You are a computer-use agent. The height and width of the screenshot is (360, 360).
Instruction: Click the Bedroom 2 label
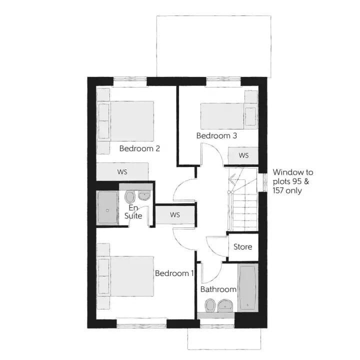click(x=139, y=148)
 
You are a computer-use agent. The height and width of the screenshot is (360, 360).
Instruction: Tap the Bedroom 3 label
click(x=216, y=135)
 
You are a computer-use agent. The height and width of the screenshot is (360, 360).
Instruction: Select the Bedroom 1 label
click(x=174, y=273)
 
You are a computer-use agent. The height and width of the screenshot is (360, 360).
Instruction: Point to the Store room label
click(x=242, y=247)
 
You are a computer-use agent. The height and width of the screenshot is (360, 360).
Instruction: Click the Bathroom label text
click(x=218, y=289)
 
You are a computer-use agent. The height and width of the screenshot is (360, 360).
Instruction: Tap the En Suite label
click(x=133, y=211)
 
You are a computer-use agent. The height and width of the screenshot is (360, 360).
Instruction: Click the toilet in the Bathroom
click(x=209, y=305)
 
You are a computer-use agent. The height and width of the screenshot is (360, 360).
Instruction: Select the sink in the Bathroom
click(x=225, y=305)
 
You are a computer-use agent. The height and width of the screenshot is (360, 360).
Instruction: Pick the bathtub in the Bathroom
click(x=247, y=287)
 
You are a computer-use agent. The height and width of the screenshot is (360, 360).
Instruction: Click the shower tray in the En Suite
click(x=107, y=207)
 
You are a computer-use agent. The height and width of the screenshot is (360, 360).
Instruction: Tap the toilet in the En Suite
click(x=129, y=197)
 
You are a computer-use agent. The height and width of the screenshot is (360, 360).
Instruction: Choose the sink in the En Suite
click(x=144, y=195)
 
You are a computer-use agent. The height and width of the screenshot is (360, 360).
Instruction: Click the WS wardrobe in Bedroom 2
click(x=122, y=171)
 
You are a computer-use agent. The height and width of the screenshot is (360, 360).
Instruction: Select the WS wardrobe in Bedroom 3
click(x=243, y=155)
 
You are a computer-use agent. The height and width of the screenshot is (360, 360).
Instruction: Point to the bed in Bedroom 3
click(x=228, y=116)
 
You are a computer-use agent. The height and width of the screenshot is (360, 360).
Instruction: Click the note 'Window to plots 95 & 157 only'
click(x=293, y=181)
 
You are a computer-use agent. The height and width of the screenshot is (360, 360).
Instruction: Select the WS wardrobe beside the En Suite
click(x=175, y=215)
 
